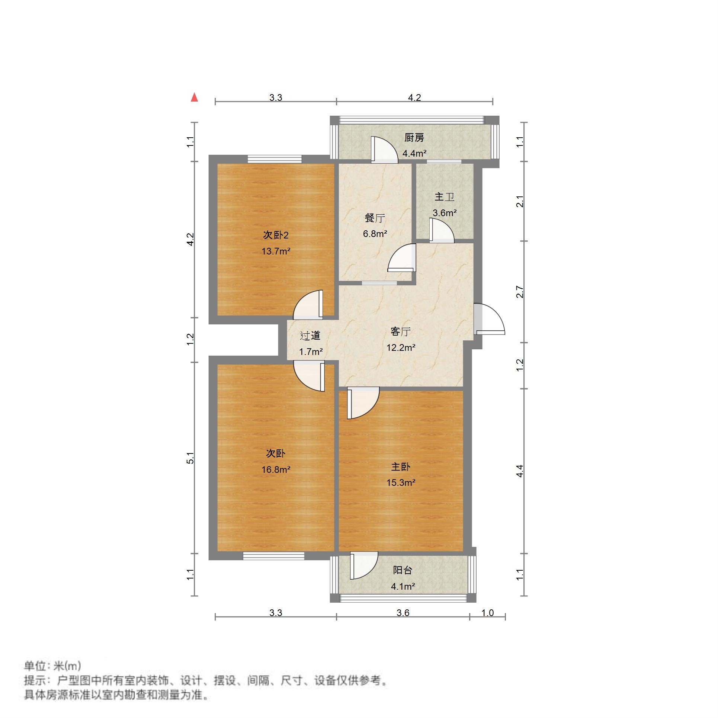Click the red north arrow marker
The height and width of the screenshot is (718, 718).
pyautogui.click(x=194, y=97)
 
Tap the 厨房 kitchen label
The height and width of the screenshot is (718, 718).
pyautogui.click(x=414, y=138)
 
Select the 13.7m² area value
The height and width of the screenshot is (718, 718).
pyautogui.click(x=276, y=251)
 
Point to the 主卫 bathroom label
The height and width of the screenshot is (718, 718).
pyautogui.click(x=445, y=197)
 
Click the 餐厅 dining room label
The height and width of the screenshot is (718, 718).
pyautogui.click(x=375, y=218)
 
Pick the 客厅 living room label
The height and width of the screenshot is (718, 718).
pyautogui.click(x=401, y=331)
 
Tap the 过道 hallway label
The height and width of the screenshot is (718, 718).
pyautogui.click(x=310, y=336)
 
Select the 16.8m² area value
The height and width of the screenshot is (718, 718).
pyautogui.click(x=276, y=469)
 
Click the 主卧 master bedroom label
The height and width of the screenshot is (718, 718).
pyautogui.click(x=401, y=467)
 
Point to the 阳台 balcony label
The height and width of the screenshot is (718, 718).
pyautogui.click(x=403, y=570)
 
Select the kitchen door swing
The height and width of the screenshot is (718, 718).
pyautogui.click(x=384, y=150)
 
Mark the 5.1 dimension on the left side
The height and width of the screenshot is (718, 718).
pyautogui.click(x=190, y=458)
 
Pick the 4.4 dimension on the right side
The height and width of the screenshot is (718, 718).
pyautogui.click(x=520, y=471)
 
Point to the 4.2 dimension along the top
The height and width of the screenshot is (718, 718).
pyautogui.click(x=414, y=98)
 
